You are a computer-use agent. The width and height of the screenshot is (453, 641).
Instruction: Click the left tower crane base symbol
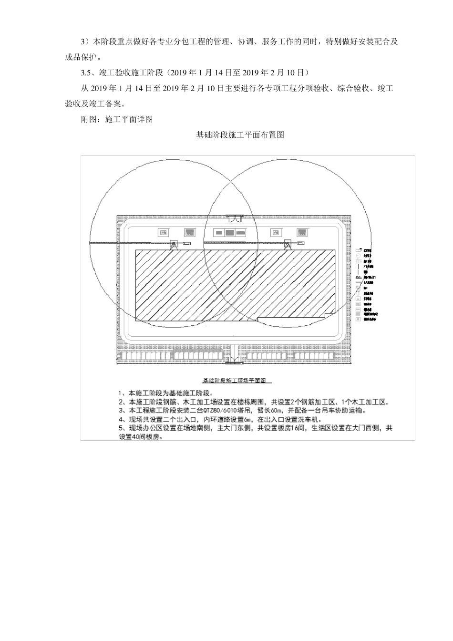[174, 244]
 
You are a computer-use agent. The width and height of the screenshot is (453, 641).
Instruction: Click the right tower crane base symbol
[288, 244]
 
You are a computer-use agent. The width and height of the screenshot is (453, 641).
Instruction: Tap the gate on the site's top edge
[235, 218]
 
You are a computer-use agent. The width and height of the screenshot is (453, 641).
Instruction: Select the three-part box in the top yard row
[229, 233]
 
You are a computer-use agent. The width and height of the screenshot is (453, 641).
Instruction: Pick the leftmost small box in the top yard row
[163, 233]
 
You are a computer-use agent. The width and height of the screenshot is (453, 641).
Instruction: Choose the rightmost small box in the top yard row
[302, 233]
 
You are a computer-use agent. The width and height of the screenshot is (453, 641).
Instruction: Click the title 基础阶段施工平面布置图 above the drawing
[240, 135]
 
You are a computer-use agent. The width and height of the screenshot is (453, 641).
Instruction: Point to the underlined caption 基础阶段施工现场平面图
[237, 381]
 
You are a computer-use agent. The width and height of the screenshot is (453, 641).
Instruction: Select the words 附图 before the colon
[88, 120]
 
